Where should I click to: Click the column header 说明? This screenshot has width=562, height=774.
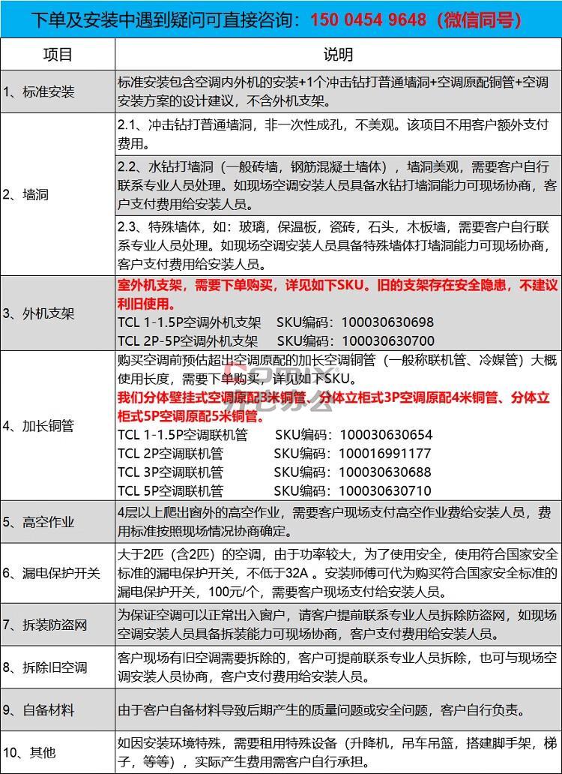coord(338,55)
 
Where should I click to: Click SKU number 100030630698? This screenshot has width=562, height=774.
coord(387,322)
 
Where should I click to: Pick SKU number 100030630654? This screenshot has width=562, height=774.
coord(386,435)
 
